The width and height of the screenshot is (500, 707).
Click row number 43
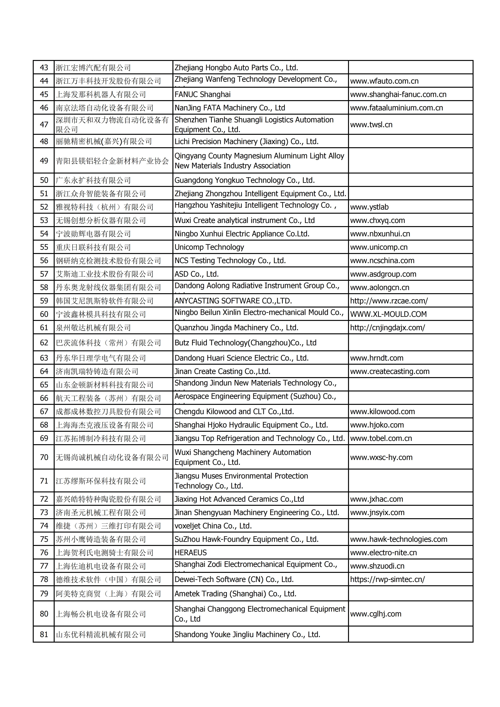click(44, 67)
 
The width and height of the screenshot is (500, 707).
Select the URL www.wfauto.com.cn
click(384, 81)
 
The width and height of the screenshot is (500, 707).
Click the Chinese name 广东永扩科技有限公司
click(93, 180)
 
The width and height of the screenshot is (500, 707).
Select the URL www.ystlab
click(369, 207)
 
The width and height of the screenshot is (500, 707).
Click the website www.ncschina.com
click(382, 260)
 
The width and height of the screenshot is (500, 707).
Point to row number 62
click(44, 343)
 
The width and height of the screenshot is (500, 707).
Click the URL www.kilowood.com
click(382, 411)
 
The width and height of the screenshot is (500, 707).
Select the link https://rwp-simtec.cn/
click(387, 579)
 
